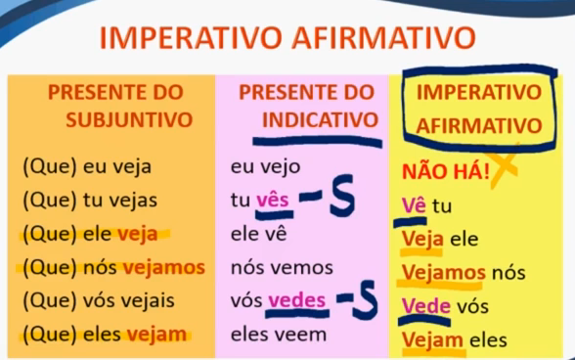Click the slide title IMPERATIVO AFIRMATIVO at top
(x=287, y=37)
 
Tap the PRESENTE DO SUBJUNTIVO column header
(x=120, y=106)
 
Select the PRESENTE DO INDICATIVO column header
(x=309, y=106)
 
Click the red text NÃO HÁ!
(x=446, y=171)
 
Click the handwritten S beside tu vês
(x=342, y=195)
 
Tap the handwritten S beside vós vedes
(x=365, y=299)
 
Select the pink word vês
(x=273, y=201)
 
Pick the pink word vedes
(x=296, y=300)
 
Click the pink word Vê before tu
(x=414, y=205)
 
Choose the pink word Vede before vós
(x=426, y=305)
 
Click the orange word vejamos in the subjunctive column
(x=164, y=267)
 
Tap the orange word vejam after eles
(x=156, y=335)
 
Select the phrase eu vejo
(x=266, y=167)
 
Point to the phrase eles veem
(x=279, y=335)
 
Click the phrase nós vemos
(x=282, y=267)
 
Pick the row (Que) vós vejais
(x=99, y=300)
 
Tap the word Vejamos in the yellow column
(x=444, y=272)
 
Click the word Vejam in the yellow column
(x=432, y=339)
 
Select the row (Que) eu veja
(x=87, y=167)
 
